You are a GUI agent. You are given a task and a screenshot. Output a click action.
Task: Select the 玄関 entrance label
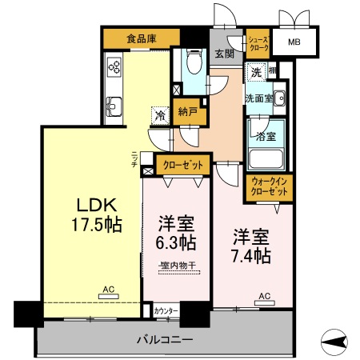224,54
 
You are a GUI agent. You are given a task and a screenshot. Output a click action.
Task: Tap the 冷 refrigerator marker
160,116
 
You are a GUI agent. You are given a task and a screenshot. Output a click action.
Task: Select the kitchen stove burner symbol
114,66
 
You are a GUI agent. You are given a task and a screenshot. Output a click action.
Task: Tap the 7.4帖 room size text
251,257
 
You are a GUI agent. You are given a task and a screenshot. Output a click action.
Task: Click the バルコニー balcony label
166,341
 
